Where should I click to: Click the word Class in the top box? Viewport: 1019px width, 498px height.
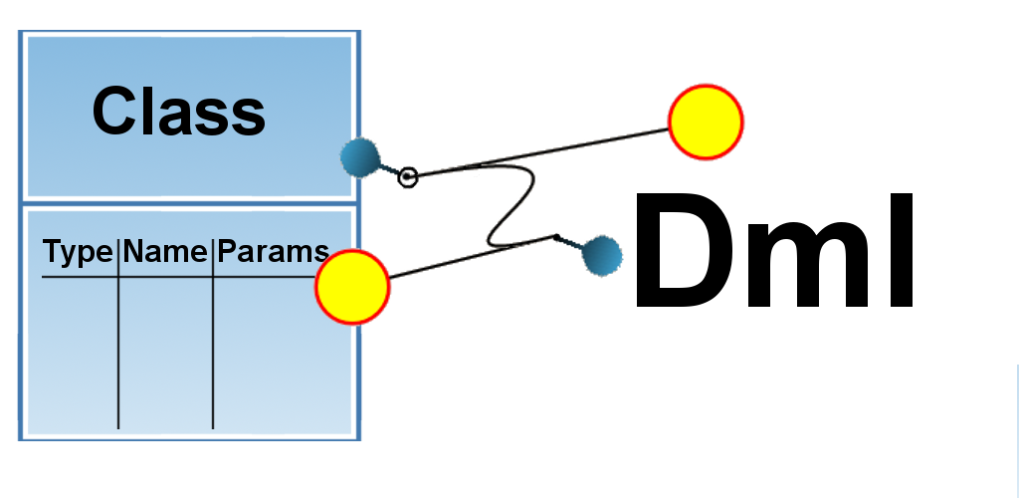[x=179, y=112]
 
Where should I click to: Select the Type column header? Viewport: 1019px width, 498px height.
[x=78, y=252]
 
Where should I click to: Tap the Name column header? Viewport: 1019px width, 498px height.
[x=165, y=251]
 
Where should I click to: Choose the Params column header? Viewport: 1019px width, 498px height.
[x=273, y=251]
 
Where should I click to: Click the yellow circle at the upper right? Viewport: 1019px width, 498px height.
[x=706, y=123]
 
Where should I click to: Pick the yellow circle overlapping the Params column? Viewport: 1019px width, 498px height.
[x=352, y=287]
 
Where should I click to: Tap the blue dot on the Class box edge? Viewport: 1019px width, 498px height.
[x=360, y=157]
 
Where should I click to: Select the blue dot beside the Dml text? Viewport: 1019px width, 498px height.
[x=602, y=256]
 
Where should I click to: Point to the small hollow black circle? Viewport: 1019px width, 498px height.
[x=407, y=177]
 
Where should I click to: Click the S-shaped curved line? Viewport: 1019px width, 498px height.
[x=511, y=205]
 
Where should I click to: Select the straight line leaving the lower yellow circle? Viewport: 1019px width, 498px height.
[x=473, y=257]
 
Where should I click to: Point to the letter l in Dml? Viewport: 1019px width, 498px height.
[x=903, y=250]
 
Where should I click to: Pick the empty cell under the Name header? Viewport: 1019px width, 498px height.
[x=166, y=353]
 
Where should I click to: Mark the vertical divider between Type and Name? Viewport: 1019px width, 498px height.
[x=118, y=334]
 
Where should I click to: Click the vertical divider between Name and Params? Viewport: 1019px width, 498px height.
[x=213, y=334]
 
